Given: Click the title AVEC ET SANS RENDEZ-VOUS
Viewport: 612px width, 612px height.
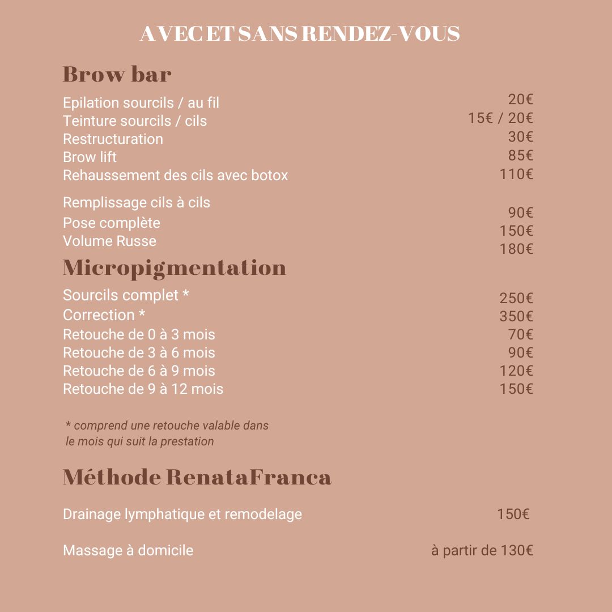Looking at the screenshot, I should tap(299, 34).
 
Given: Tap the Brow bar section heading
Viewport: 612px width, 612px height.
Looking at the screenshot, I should tap(117, 74).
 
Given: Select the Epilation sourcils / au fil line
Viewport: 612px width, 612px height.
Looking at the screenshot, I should tap(141, 103).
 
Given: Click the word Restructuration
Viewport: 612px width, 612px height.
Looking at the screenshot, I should tap(113, 139).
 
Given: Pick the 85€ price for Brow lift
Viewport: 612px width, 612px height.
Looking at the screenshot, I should tap(520, 155).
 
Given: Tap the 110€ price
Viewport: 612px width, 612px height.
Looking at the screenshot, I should tap(516, 174).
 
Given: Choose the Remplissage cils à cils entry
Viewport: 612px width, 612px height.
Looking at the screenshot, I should tap(136, 202).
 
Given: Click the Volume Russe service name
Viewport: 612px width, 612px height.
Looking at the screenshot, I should tap(109, 241).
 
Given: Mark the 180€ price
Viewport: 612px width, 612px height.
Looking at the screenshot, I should tap(516, 249).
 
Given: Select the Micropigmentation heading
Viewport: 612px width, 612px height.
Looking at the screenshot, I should tap(174, 267).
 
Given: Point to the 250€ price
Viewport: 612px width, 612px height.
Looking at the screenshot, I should tap(516, 298).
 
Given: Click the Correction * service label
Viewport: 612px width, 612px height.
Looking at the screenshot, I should tap(104, 314).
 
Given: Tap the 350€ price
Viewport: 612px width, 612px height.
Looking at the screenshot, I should tap(516, 316).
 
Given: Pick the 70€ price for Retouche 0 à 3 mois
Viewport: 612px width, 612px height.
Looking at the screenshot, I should tap(520, 334).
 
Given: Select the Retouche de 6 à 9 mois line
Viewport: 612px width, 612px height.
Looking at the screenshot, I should tap(139, 371).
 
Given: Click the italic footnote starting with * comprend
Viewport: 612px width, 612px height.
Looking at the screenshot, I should tap(167, 433).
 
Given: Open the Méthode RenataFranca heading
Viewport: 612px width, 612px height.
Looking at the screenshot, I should tap(197, 477).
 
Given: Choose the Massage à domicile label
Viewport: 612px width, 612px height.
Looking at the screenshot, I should tap(128, 550).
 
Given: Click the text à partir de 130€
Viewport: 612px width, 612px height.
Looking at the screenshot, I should tap(482, 550).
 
